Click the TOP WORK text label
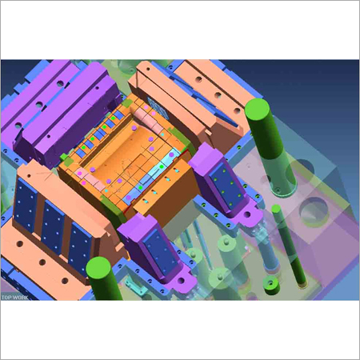(x=14, y=298)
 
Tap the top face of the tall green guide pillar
(x=257, y=109)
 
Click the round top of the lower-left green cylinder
(x=98, y=267)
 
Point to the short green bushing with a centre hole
(x=271, y=285)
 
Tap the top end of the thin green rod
(x=276, y=208)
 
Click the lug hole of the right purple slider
(x=247, y=214)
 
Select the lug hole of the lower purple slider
(x=181, y=281)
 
